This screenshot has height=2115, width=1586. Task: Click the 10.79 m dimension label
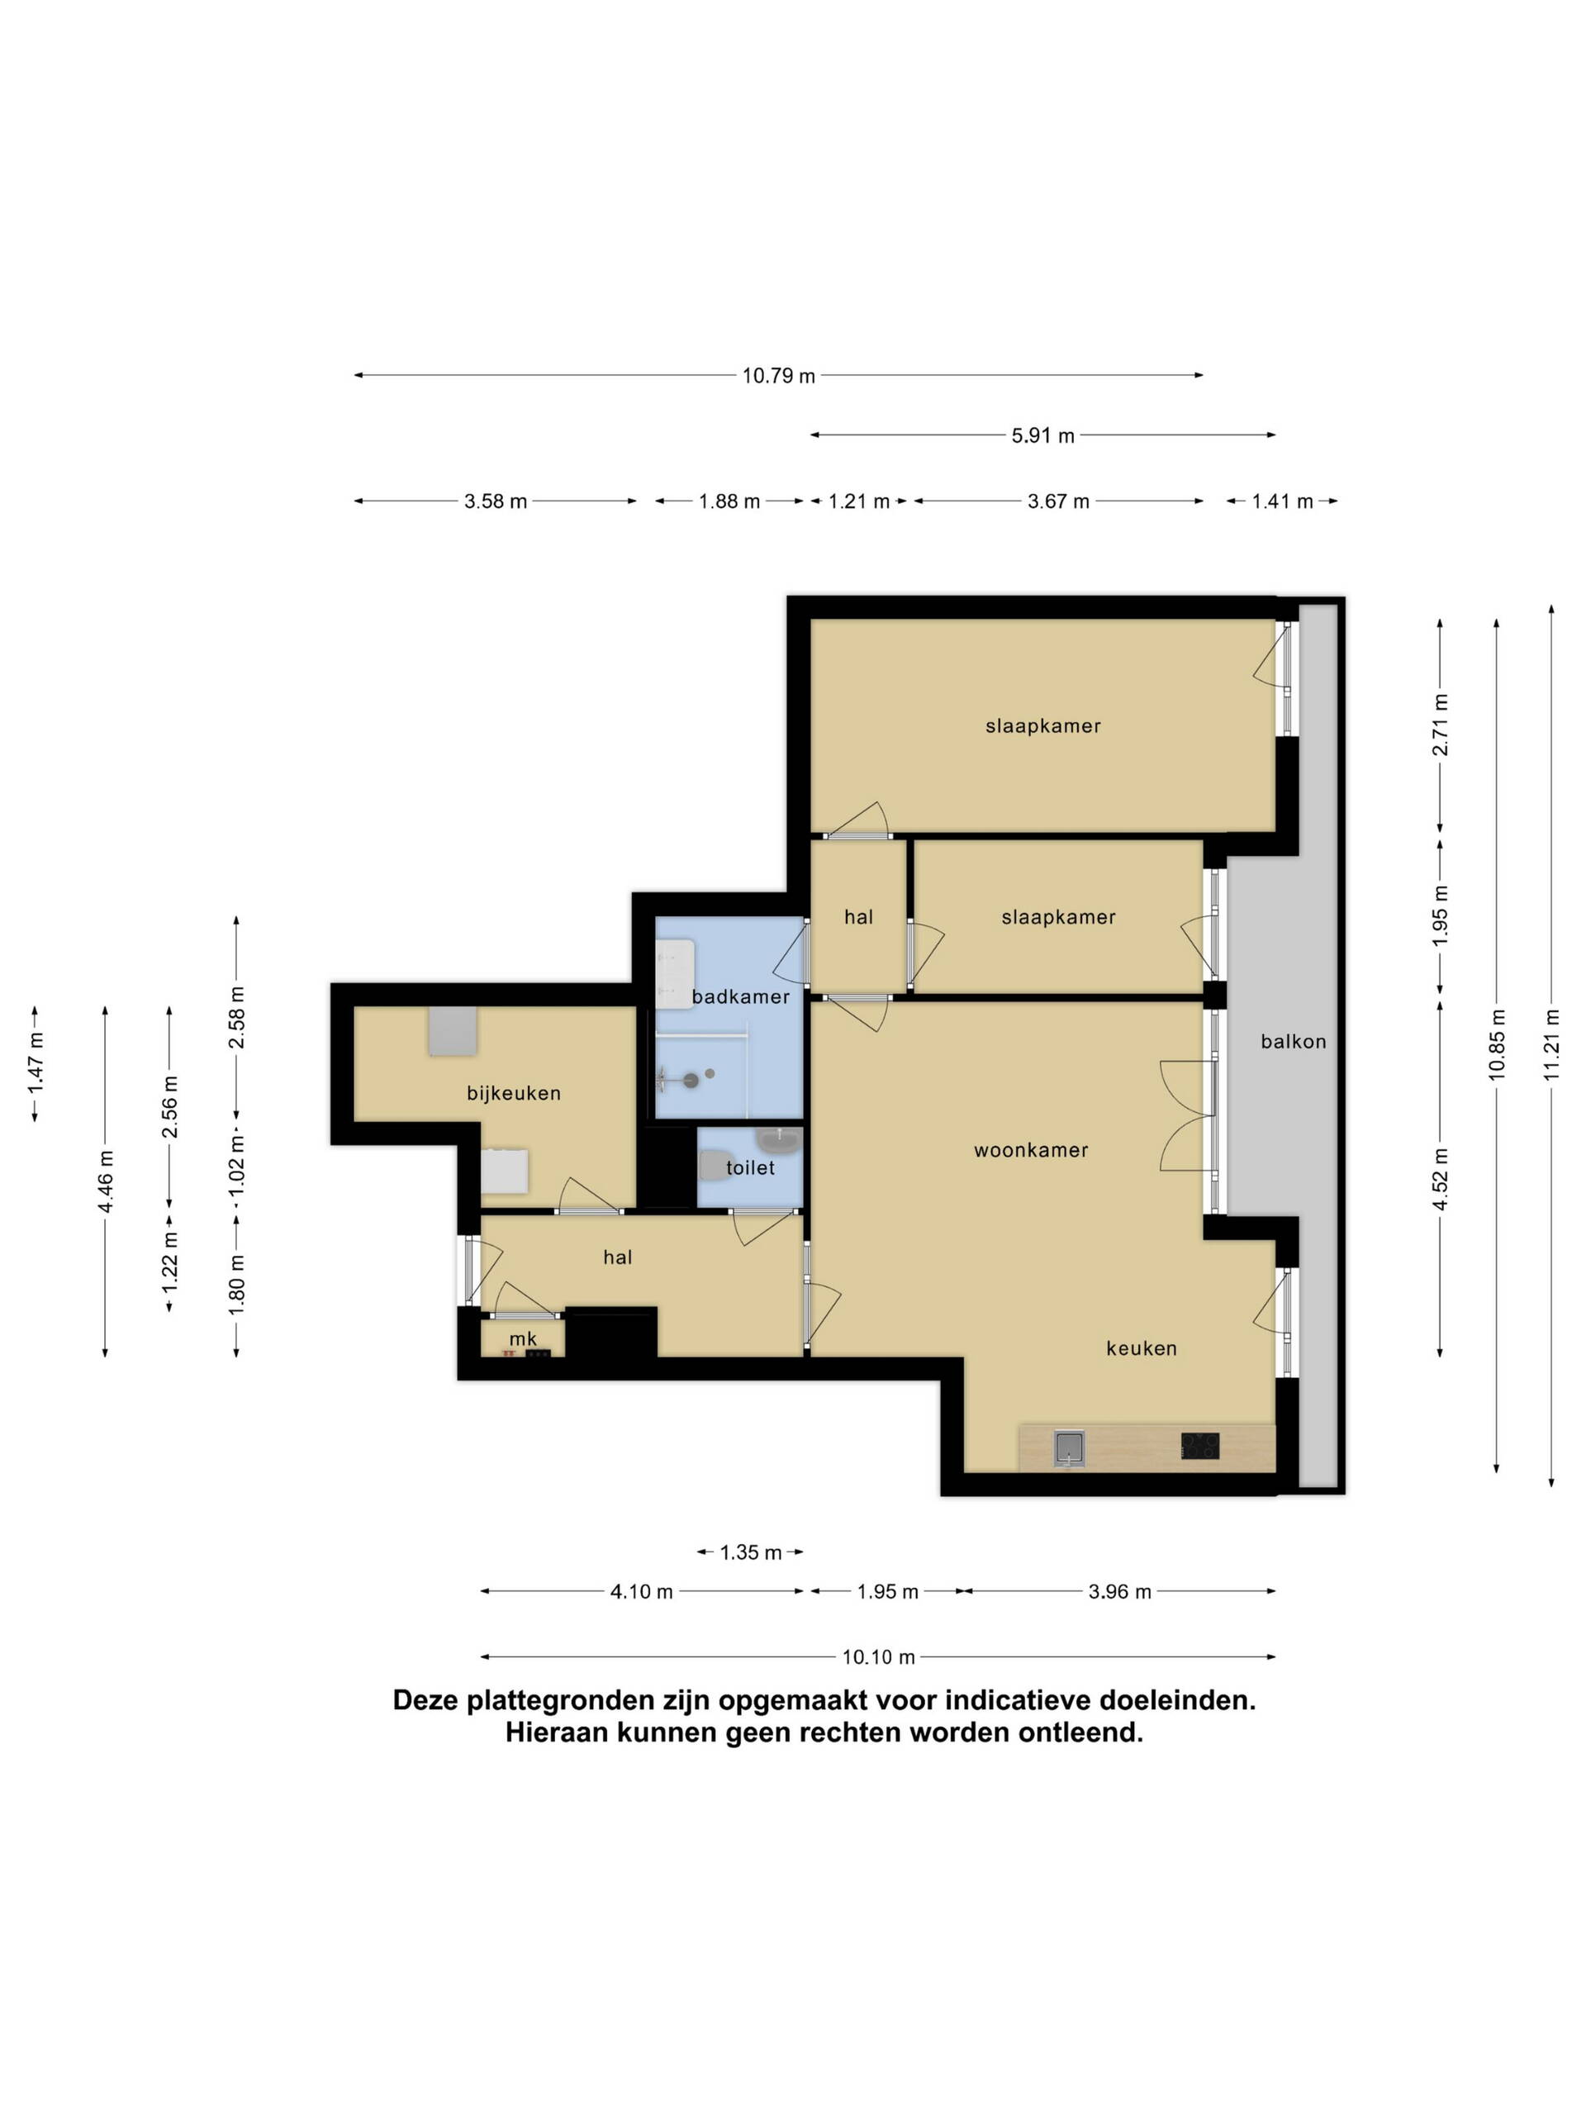(778, 376)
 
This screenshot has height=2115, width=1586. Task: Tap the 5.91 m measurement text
(1043, 436)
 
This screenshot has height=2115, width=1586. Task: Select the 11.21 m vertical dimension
(1550, 1044)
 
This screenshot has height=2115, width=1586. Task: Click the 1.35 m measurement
(750, 1552)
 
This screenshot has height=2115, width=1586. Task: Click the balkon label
(1294, 1042)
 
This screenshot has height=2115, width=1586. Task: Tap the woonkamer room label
(1031, 1150)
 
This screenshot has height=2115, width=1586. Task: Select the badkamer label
(741, 996)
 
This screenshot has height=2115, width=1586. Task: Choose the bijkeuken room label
(513, 1093)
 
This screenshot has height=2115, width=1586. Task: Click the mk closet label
(523, 1338)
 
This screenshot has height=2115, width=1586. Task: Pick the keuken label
(1142, 1348)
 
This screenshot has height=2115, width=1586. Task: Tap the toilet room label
(750, 1167)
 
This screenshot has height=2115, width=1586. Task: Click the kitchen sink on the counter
(1069, 1447)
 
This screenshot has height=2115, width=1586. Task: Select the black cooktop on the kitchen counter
(1199, 1446)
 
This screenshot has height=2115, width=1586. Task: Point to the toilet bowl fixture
(713, 1166)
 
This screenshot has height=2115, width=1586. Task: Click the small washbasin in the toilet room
(779, 1141)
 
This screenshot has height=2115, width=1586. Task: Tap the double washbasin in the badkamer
(675, 973)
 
